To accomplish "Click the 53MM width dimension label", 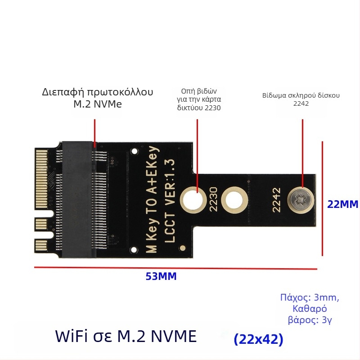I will pos(161,277).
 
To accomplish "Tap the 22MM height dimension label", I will pos(342,204).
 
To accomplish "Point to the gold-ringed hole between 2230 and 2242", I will pos(235,198).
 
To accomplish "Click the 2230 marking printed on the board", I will pos(213,198).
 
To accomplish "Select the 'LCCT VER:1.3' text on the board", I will pos(170,200).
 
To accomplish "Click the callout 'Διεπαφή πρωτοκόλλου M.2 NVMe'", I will pos(98,98).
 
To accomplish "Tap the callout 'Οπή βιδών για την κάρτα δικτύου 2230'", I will pos(199,99).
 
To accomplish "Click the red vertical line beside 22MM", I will pos(323,198).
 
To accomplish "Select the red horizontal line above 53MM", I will pos(175,268).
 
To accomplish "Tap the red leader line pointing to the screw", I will pos(302,153).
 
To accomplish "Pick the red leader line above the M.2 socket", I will pos(94,133).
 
